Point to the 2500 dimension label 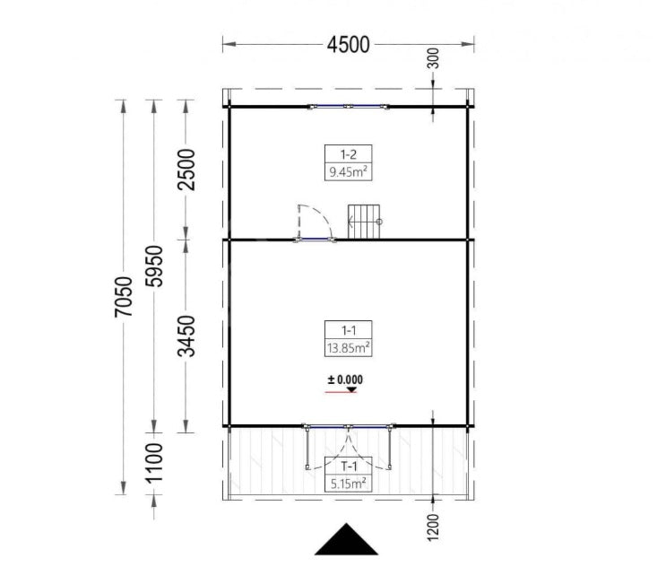tap(186, 170)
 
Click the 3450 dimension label tap(186, 336)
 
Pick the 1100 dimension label tap(155, 461)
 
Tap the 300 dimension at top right tap(434, 59)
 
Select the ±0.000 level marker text tap(345, 380)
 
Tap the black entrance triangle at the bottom tap(348, 541)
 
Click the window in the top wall tap(349, 107)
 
